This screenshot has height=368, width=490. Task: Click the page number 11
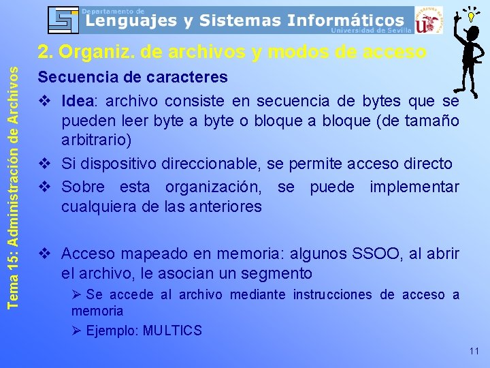[474, 352]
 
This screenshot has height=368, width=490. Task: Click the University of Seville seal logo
[428, 20]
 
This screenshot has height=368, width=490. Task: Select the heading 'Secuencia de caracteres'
[133, 77]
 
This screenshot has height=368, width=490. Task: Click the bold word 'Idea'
[79, 101]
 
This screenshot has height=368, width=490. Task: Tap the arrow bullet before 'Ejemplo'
[77, 331]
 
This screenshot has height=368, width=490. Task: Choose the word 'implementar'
[414, 187]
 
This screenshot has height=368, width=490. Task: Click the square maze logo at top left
[63, 20]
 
